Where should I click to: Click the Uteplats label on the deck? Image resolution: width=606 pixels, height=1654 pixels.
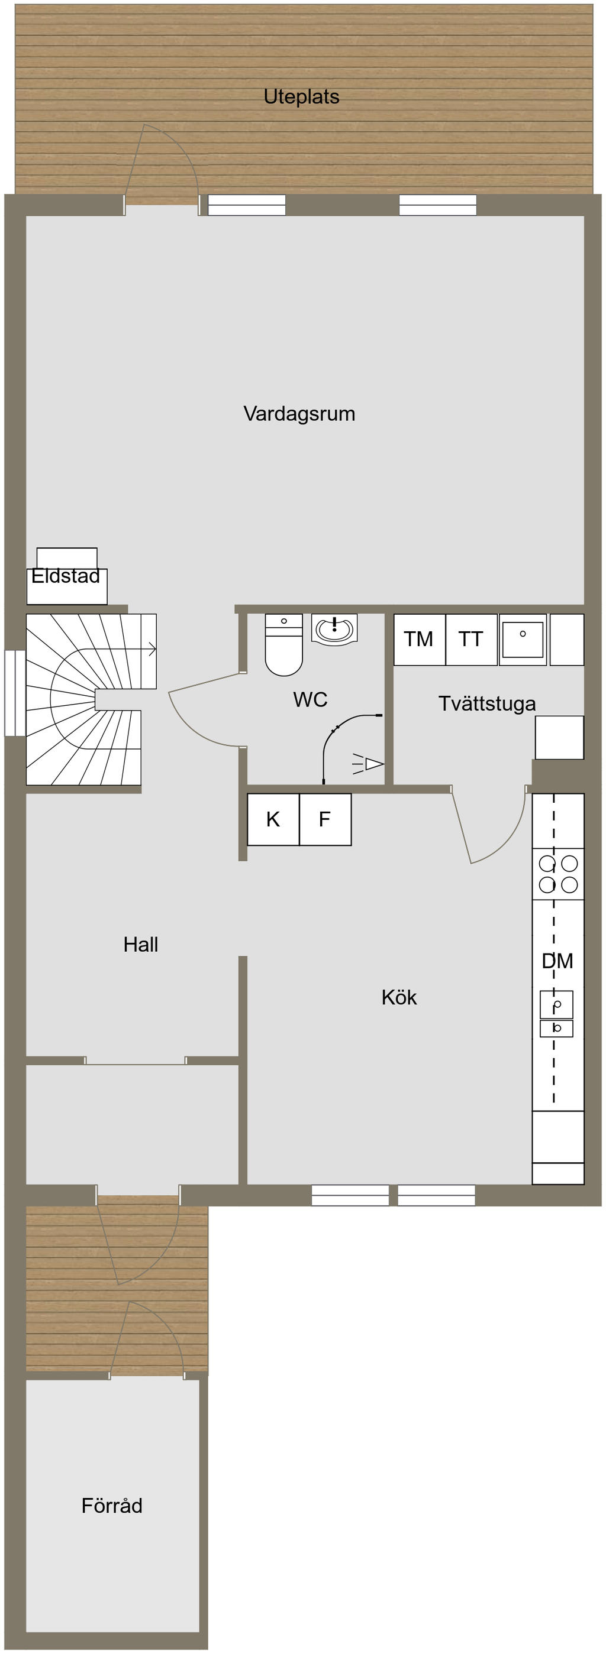[x=301, y=97]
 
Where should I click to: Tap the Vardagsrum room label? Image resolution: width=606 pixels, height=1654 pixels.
[x=299, y=414]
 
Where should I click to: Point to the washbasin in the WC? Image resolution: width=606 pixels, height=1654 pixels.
[x=334, y=628]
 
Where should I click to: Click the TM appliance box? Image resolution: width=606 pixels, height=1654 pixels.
[x=419, y=640]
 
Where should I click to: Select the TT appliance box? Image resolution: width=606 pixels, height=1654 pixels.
[x=470, y=640]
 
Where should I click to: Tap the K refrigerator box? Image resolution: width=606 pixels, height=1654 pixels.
[x=273, y=819]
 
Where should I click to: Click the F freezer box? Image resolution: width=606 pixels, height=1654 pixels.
[x=324, y=819]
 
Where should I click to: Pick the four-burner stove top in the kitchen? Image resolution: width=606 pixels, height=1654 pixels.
[x=558, y=874]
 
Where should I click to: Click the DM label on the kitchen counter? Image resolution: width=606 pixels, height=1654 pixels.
[x=557, y=961]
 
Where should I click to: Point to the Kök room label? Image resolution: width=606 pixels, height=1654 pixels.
[x=398, y=997]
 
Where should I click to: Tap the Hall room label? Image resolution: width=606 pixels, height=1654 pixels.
[x=141, y=945]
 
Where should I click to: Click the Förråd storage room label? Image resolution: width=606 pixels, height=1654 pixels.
[x=112, y=1506]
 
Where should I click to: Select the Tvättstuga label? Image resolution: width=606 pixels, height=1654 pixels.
[x=486, y=703]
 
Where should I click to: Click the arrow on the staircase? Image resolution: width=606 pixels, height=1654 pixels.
[x=151, y=649]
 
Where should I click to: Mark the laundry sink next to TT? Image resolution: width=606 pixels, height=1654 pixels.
[x=523, y=640]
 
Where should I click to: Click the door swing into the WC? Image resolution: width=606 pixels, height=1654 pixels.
[x=202, y=713]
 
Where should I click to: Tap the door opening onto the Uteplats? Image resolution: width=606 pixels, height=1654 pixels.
[x=160, y=167]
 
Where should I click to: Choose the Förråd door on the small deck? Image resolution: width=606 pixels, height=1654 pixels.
[x=147, y=1342]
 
